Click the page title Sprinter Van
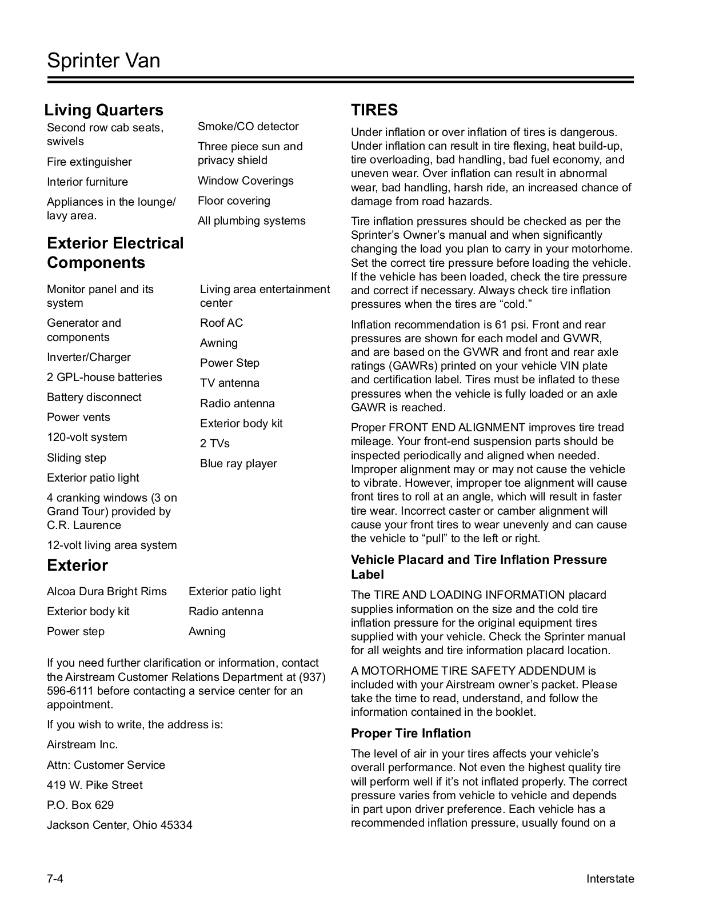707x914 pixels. (103, 61)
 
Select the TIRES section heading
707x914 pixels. (374, 110)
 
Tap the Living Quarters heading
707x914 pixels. (104, 110)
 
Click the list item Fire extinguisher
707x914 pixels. (89, 162)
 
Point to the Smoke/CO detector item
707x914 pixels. (248, 126)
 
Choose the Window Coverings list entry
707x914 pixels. (245, 181)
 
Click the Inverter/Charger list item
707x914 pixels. (89, 357)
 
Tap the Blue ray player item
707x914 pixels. (238, 463)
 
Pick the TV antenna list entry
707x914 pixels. (229, 383)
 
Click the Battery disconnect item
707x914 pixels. (94, 397)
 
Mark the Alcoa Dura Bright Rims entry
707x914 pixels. (107, 591)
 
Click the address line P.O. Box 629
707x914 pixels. (80, 805)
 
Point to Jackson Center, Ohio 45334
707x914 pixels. (119, 825)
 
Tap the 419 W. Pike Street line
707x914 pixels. (94, 785)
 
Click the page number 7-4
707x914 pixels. (55, 879)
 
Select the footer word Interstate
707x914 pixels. (610, 879)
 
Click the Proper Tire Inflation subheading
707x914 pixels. (410, 733)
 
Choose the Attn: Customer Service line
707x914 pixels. (106, 765)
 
